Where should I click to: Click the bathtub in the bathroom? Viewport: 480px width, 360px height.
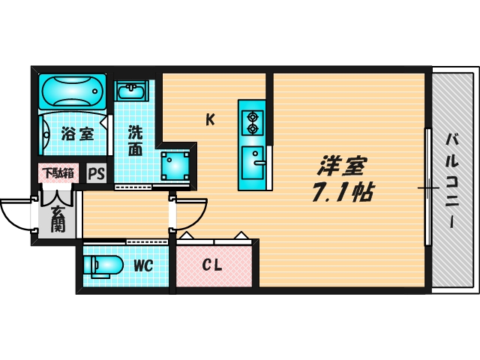(x=72, y=91)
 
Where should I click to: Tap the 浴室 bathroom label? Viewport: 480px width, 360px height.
(x=77, y=135)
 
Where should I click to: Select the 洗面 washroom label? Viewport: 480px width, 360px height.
(x=135, y=140)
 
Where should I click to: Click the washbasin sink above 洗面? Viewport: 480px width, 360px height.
(x=133, y=91)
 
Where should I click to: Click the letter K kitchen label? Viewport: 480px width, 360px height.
(x=211, y=118)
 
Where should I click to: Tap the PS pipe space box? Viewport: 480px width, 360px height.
(x=97, y=174)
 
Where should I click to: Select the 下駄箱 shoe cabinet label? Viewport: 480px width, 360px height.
(x=58, y=173)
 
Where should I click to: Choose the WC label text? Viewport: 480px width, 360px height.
(x=143, y=265)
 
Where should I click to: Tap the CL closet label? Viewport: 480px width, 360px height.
(x=211, y=265)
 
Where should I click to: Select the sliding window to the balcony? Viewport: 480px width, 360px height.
(x=428, y=187)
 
